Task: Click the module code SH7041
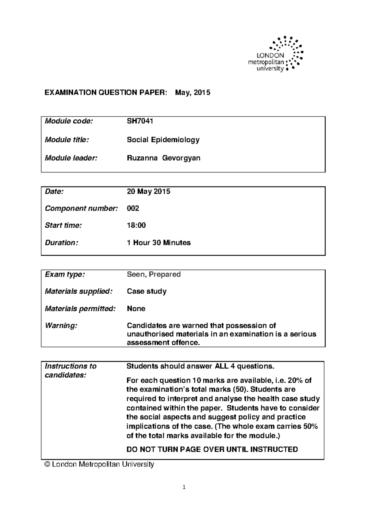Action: click(140, 121)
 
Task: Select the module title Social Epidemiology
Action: click(163, 140)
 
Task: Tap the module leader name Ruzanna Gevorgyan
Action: click(163, 158)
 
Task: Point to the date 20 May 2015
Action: click(148, 192)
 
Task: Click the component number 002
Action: click(133, 209)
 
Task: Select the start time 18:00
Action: click(136, 226)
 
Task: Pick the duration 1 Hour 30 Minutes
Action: click(159, 243)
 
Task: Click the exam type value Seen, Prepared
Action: click(154, 274)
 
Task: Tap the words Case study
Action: click(147, 291)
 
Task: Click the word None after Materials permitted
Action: click(136, 308)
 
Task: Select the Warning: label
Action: click(61, 326)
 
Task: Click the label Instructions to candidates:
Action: click(70, 371)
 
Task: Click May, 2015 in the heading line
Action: click(193, 93)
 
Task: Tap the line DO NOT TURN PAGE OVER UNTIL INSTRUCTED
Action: click(212, 450)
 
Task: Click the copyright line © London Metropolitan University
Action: click(99, 465)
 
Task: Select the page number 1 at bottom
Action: click(184, 487)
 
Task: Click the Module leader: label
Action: click(71, 158)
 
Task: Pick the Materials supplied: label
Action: click(79, 291)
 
